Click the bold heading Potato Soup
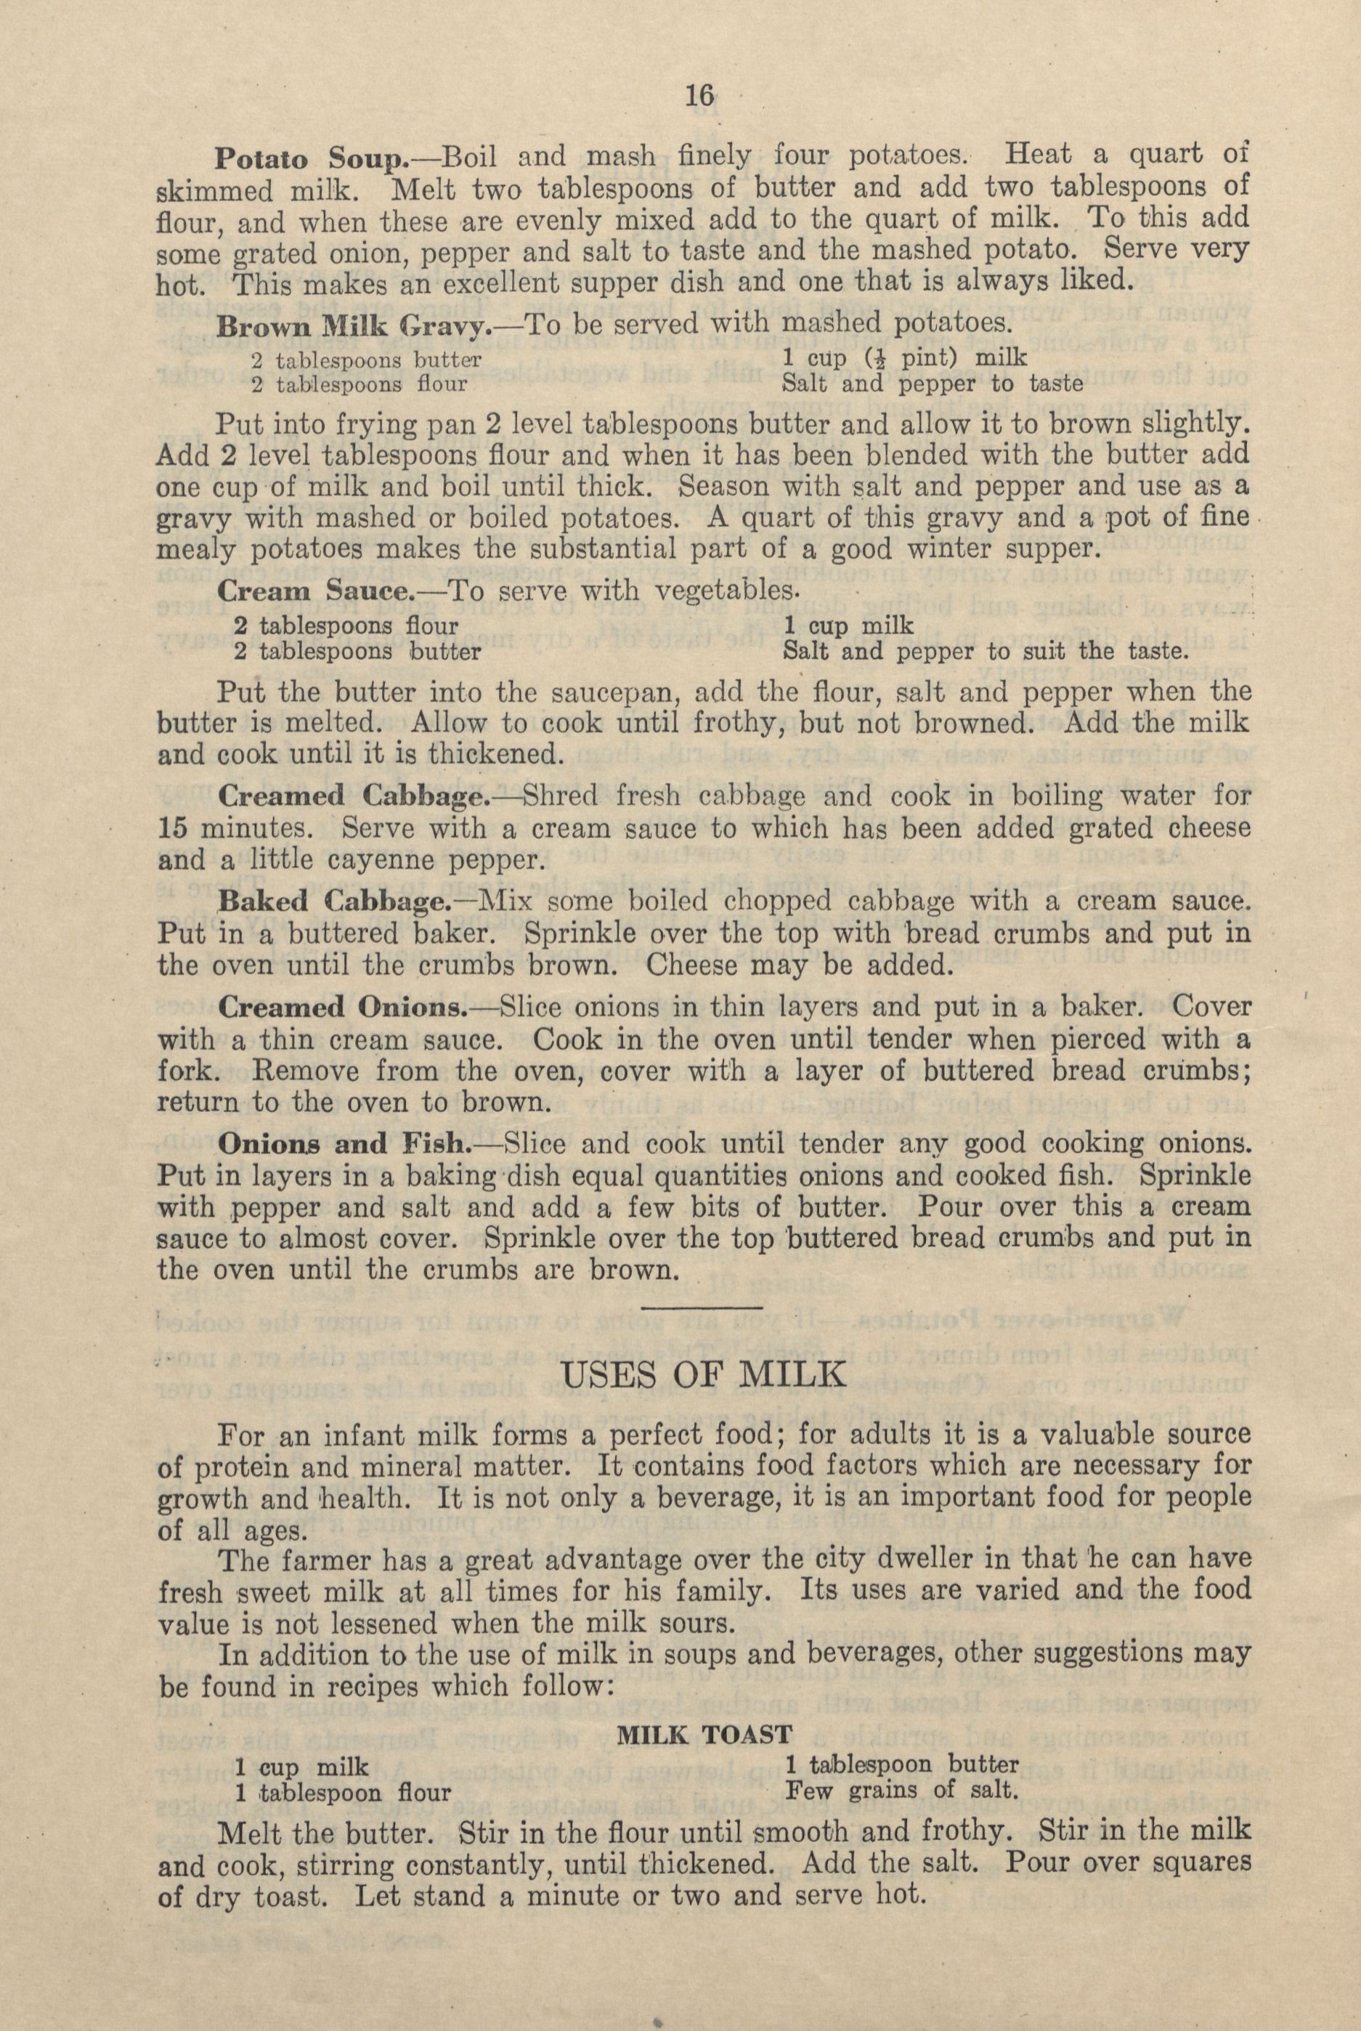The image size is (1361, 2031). (309, 159)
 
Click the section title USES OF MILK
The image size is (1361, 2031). (704, 1377)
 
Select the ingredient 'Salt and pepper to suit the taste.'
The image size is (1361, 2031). (984, 651)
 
